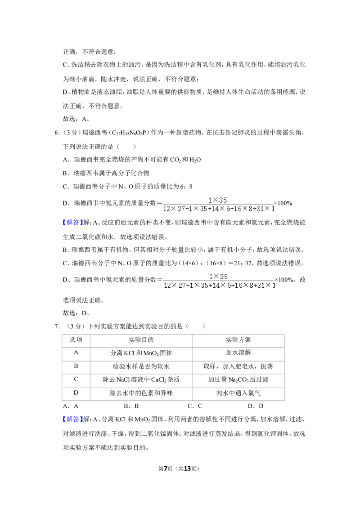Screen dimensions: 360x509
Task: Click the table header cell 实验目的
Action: [141, 340]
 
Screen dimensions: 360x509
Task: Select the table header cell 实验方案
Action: [238, 340]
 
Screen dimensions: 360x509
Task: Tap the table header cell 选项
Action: [76, 340]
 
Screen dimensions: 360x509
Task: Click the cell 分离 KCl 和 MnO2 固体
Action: [141, 353]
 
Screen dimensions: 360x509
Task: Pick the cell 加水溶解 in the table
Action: [238, 353]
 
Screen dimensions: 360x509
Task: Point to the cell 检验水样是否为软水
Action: [141, 366]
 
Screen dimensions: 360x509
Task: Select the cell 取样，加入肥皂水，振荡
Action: [238, 366]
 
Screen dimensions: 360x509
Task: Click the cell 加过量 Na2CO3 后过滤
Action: [238, 380]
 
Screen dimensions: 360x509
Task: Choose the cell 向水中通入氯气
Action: [238, 393]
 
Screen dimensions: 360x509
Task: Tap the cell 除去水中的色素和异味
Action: [141, 393]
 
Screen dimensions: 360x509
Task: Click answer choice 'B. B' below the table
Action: [131, 406]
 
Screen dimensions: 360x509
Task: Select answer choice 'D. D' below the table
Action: [256, 406]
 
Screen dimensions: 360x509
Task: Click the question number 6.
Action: [57, 133]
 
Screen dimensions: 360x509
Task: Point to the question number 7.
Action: [57, 326]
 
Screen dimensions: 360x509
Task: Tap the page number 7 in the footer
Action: [166, 469]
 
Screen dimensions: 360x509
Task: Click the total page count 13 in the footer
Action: [187, 469]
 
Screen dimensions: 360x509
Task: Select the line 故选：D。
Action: [76, 313]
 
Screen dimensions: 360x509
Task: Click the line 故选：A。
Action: [76, 119]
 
